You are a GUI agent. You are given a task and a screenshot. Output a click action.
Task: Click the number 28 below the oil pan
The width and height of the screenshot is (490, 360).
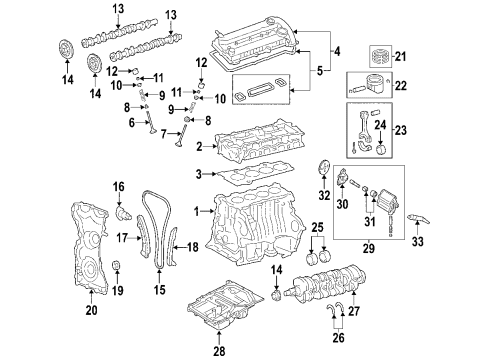219,351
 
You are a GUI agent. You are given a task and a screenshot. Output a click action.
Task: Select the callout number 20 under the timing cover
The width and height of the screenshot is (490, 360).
91,310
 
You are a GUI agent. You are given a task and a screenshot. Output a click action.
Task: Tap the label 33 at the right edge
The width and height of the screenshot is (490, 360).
417,241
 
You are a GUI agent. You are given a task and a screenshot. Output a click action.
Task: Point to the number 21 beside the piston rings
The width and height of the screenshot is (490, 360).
400,56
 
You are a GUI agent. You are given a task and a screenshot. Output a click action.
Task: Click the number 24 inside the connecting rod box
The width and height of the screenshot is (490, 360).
380,125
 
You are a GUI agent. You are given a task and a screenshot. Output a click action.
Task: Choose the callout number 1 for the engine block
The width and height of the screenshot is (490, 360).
197,211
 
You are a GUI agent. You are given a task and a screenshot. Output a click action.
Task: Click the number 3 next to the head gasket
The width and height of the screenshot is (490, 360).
199,174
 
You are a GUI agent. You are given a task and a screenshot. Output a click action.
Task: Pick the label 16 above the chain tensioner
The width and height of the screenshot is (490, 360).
118,187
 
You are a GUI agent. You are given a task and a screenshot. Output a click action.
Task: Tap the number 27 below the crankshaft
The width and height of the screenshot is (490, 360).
354,311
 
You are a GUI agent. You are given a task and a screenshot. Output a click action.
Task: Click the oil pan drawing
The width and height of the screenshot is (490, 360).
224,306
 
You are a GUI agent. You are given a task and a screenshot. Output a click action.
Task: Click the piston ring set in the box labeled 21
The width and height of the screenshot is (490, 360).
381,56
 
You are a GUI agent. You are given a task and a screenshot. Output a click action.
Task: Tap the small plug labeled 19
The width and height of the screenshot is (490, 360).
116,265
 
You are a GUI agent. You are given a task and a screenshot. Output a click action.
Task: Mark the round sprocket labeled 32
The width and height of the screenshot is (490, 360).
323,168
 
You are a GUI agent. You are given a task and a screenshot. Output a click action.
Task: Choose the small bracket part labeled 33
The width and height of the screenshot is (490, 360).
418,219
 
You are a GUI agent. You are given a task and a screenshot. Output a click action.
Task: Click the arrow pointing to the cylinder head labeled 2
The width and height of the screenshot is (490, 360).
211,146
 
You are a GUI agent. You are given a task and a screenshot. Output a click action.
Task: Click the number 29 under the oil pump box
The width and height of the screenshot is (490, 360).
369,248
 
